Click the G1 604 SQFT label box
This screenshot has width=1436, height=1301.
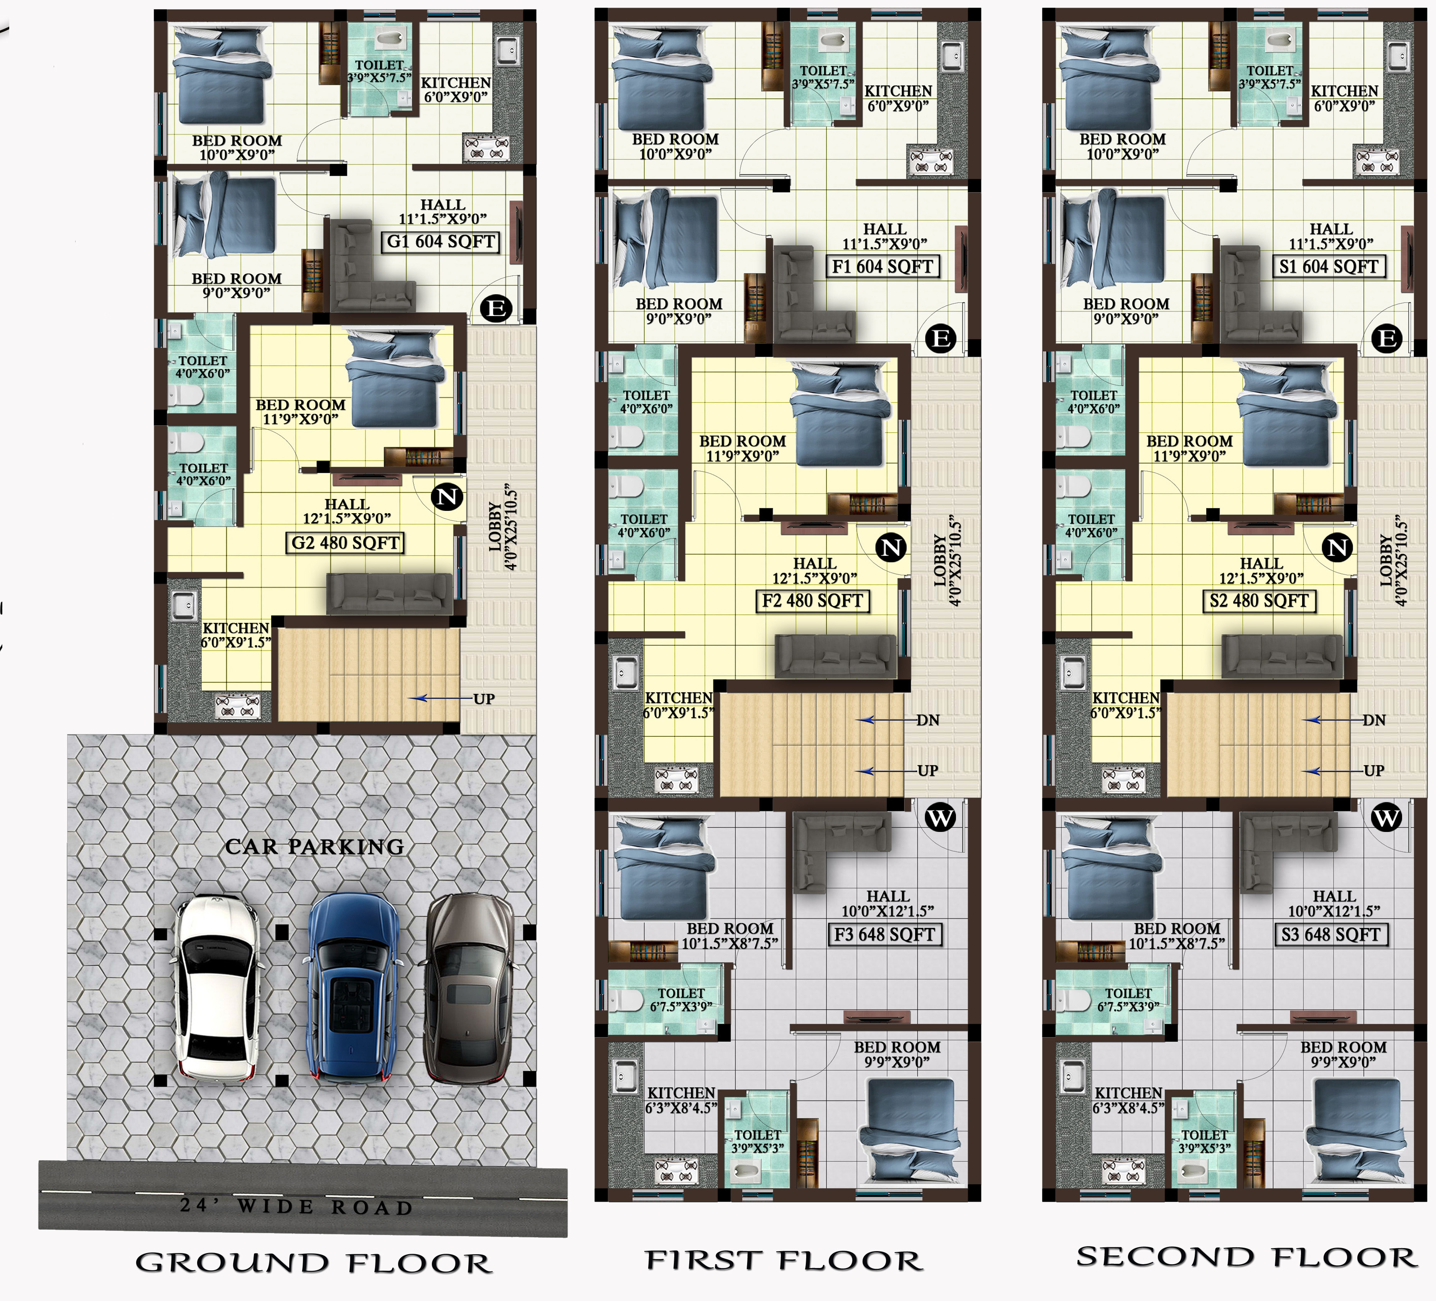440,242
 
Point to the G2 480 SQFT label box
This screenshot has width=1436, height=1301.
346,543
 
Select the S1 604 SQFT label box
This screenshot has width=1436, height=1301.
1329,267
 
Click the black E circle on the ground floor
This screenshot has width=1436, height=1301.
496,308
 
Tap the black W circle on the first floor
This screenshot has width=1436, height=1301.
940,817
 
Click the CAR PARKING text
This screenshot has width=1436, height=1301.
315,846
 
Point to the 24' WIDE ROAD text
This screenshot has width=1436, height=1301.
296,1206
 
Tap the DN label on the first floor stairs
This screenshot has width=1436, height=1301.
927,720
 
